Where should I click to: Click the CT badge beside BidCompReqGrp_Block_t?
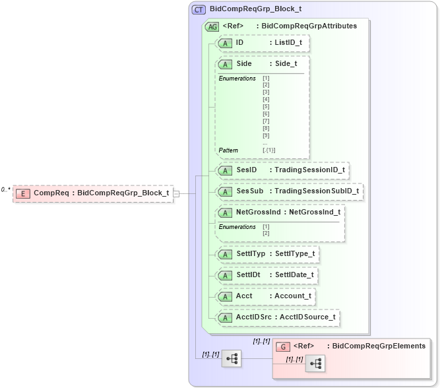click(199, 10)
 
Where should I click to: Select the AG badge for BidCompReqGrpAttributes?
click(212, 26)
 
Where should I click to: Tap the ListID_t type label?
click(288, 43)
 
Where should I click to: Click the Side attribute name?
click(243, 64)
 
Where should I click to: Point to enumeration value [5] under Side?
click(266, 106)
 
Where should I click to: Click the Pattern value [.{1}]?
click(268, 150)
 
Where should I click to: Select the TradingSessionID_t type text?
click(309, 170)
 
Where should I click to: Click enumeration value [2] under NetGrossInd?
click(266, 234)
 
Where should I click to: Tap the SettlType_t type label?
click(294, 253)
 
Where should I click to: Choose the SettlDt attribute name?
click(248, 275)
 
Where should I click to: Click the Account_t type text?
click(292, 296)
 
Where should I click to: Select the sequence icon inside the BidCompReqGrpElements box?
click(315, 364)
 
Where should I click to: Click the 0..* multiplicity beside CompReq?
click(6, 190)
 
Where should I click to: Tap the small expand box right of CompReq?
click(176, 193)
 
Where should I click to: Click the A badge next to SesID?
click(224, 170)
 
